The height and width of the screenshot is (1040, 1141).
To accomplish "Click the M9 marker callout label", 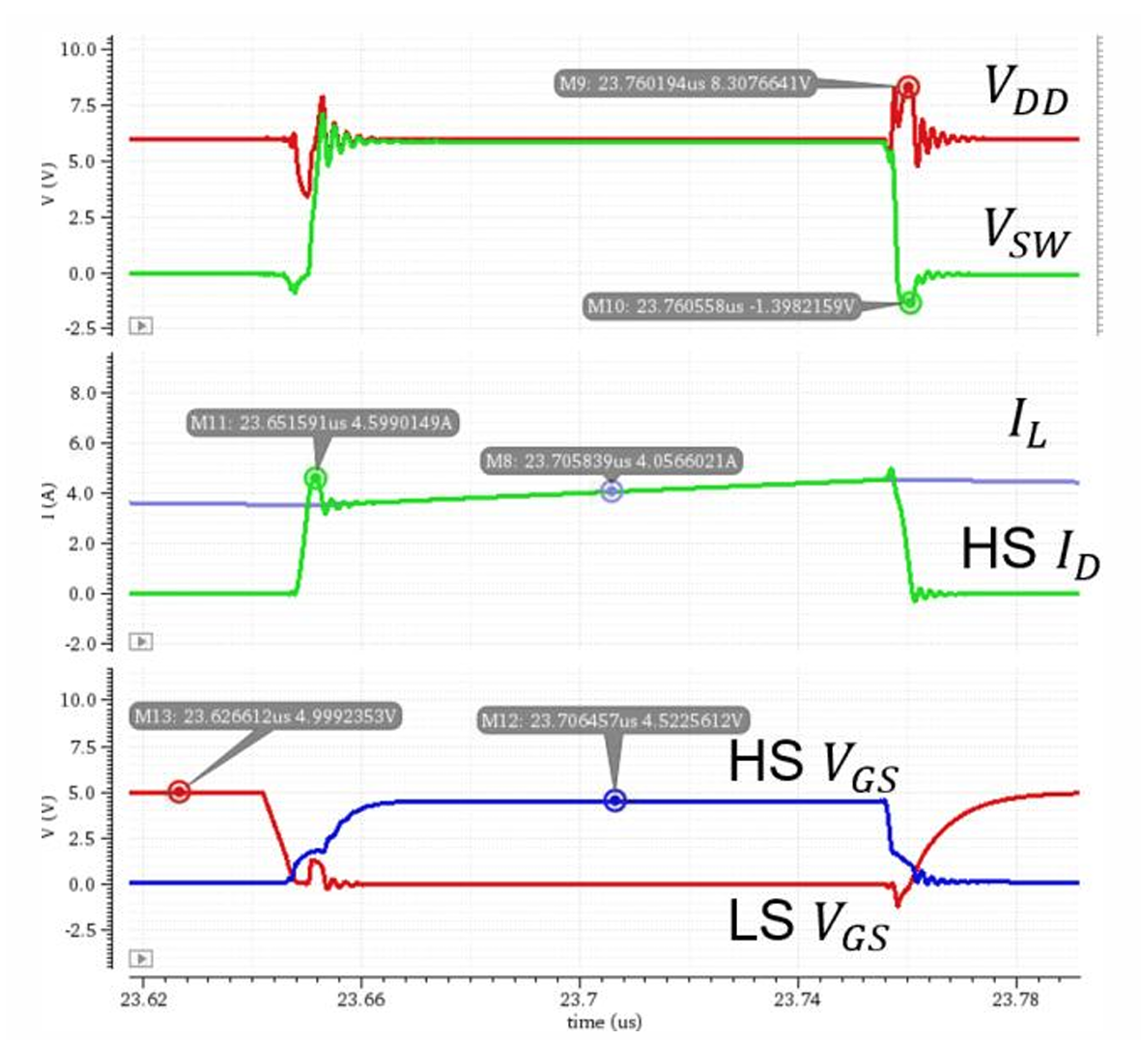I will pyautogui.click(x=685, y=83).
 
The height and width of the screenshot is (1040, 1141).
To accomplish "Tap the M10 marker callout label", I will pyautogui.click(x=721, y=307).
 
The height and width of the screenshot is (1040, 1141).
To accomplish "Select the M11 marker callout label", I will pyautogui.click(x=321, y=423).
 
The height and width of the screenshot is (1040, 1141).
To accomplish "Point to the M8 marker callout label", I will pyautogui.click(x=611, y=461).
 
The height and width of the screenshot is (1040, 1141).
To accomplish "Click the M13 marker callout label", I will pyautogui.click(x=265, y=717).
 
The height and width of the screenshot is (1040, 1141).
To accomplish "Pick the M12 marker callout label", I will pyautogui.click(x=613, y=720).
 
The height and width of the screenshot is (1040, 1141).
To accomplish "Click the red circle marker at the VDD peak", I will pyautogui.click(x=907, y=87).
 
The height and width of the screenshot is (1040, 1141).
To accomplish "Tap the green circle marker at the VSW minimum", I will pyautogui.click(x=909, y=303).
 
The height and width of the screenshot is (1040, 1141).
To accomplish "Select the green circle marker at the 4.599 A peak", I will pyautogui.click(x=315, y=478).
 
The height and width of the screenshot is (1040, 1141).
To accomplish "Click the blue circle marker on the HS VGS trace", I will pyautogui.click(x=614, y=801).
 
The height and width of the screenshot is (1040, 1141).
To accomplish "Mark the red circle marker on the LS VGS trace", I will pyautogui.click(x=179, y=792).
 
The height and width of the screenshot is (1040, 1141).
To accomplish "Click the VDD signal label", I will pyautogui.click(x=1026, y=91).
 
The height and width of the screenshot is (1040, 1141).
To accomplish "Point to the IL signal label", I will pyautogui.click(x=1027, y=426).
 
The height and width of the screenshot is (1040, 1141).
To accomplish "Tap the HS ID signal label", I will pyautogui.click(x=1030, y=553).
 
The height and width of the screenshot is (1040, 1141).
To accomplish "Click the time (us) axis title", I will pyautogui.click(x=604, y=1022).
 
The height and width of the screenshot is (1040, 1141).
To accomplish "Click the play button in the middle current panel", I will pyautogui.click(x=141, y=641).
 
